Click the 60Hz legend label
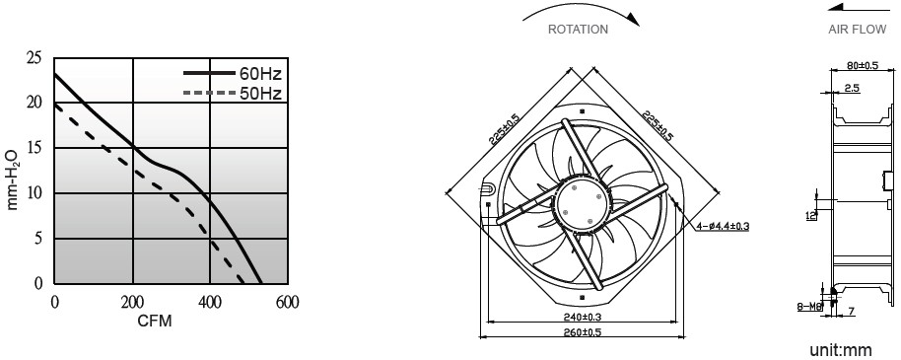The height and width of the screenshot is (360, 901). [x=260, y=74]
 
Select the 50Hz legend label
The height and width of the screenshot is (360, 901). [x=260, y=93]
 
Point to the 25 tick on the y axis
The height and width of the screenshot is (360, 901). [x=34, y=57]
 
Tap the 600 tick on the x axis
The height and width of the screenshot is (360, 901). [x=287, y=302]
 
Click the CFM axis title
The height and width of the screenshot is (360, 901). [x=155, y=321]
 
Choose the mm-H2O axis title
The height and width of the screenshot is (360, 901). [x=13, y=180]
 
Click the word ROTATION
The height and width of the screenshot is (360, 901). [x=578, y=30]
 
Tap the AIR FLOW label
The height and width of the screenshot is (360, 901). [x=858, y=30]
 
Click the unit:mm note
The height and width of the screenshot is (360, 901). [x=841, y=350]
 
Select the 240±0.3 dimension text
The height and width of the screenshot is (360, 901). [x=583, y=317]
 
